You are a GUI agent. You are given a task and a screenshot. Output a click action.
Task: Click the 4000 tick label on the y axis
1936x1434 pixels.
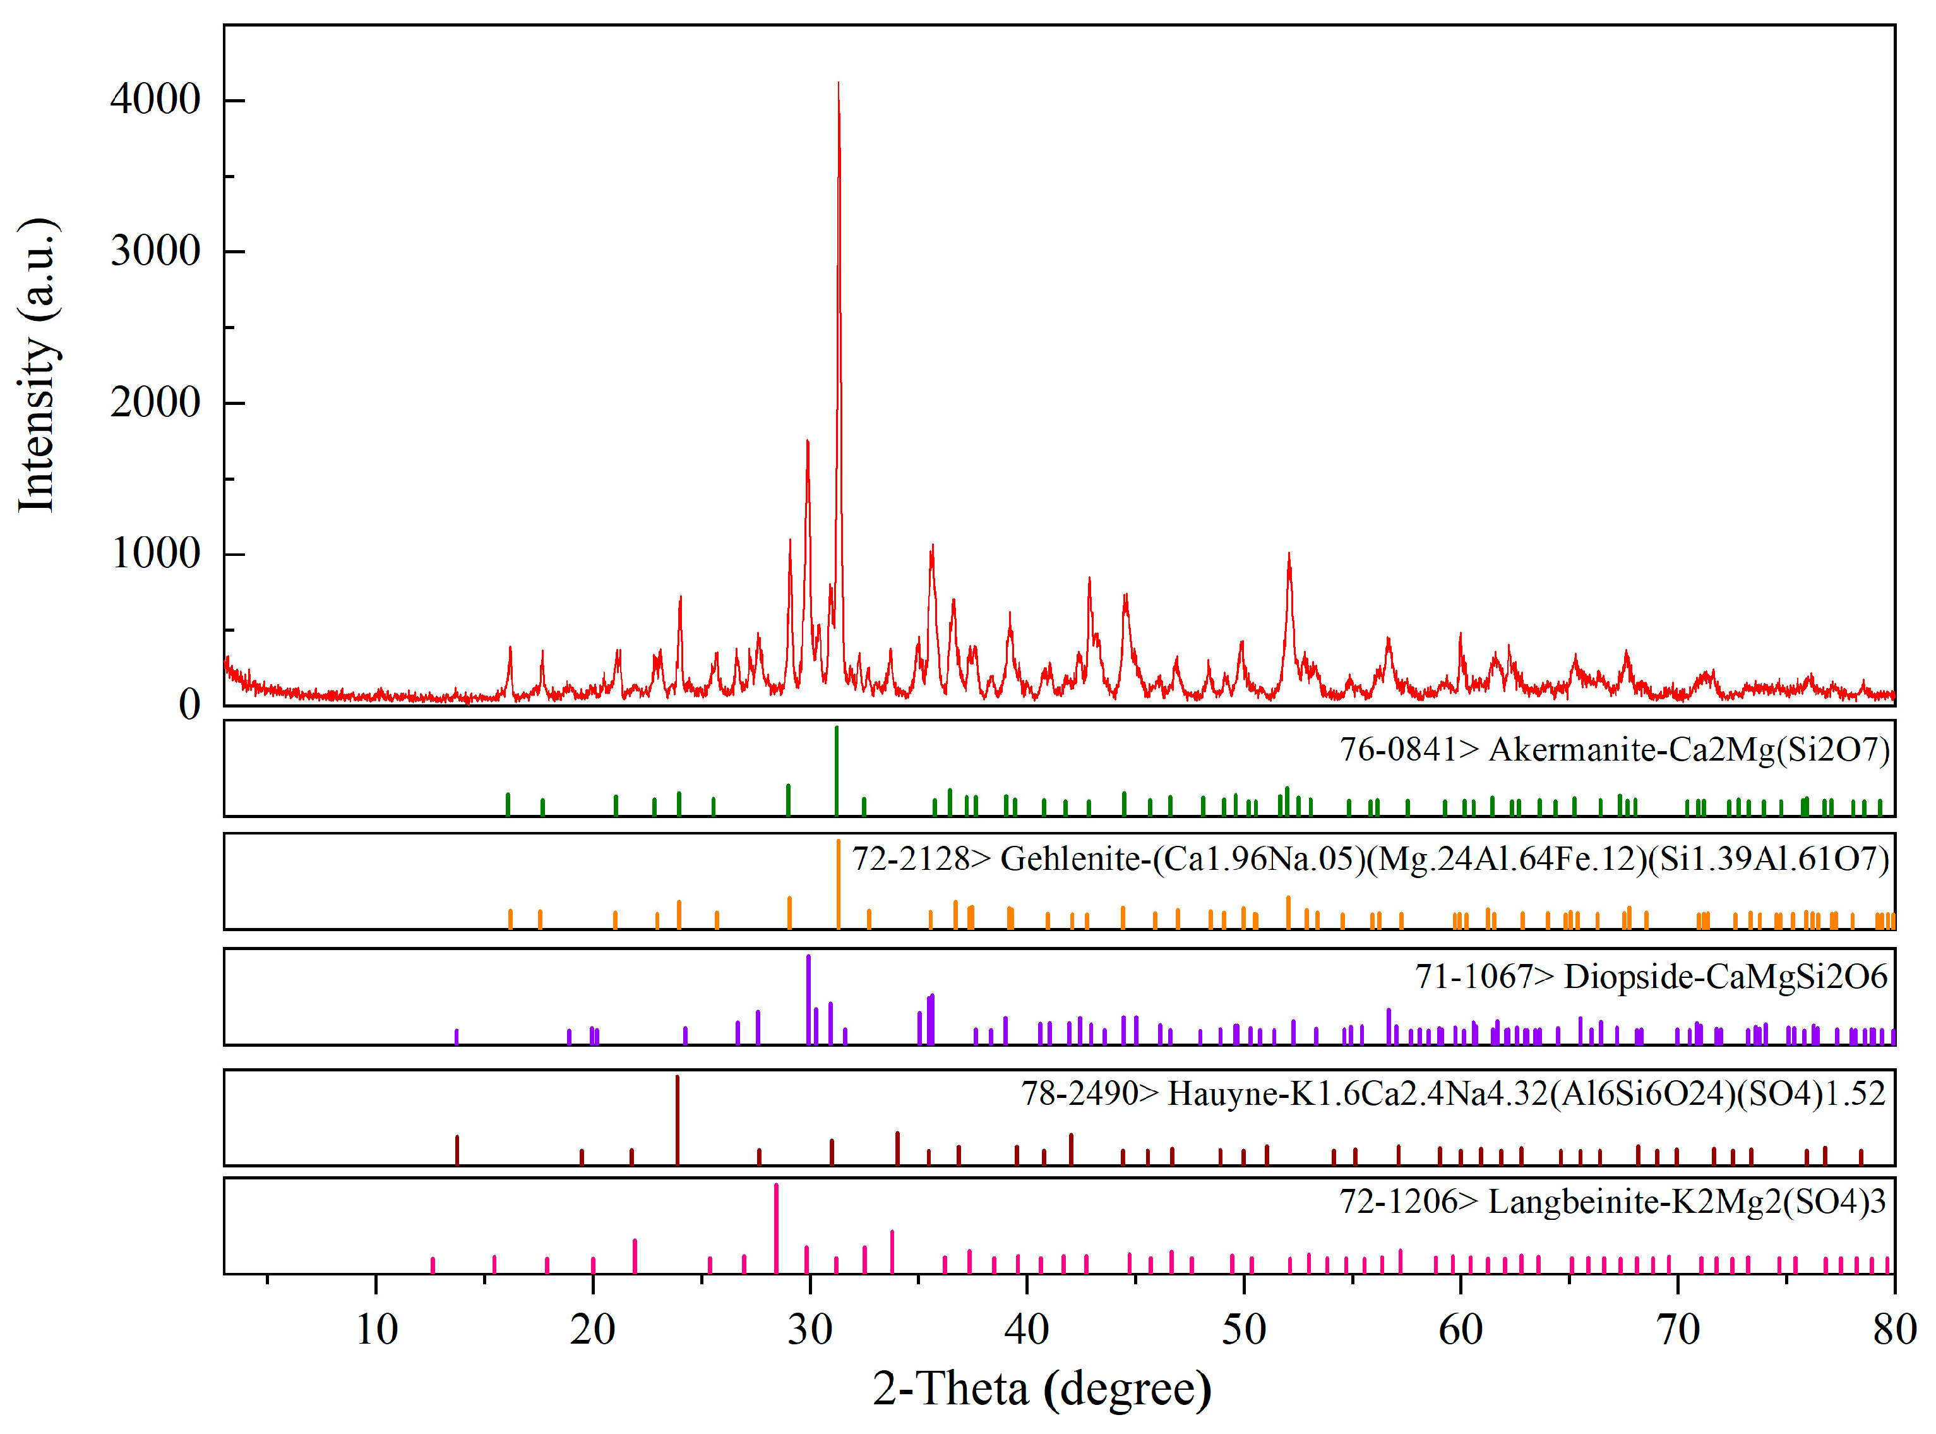[x=155, y=100]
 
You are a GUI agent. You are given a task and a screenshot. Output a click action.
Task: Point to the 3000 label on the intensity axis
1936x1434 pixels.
[x=155, y=251]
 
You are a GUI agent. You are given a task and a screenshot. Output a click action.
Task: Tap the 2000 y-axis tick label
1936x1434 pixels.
[x=155, y=403]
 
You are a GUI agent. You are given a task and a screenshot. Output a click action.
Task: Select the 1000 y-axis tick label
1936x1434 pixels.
[x=155, y=554]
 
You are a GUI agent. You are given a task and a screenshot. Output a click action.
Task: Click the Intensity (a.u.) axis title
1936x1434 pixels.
[x=37, y=365]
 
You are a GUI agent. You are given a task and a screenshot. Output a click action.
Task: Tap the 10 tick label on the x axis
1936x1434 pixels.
[x=376, y=1329]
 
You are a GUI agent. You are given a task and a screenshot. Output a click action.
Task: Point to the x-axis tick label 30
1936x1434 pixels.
[x=810, y=1329]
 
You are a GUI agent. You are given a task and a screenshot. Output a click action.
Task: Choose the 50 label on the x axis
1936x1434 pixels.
[x=1243, y=1329]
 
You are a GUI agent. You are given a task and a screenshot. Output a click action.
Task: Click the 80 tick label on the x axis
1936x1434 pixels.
[x=1894, y=1329]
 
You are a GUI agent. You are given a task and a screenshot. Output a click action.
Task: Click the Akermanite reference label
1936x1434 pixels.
[x=1614, y=749]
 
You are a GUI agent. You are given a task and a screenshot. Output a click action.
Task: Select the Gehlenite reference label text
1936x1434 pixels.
[x=1370, y=859]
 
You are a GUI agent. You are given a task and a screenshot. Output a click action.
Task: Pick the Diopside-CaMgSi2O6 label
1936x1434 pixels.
[x=1651, y=977]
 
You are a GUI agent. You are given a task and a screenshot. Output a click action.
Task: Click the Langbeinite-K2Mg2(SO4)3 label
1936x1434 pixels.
[x=1612, y=1202]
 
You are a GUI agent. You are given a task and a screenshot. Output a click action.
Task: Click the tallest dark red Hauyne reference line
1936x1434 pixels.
[x=677, y=1120]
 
